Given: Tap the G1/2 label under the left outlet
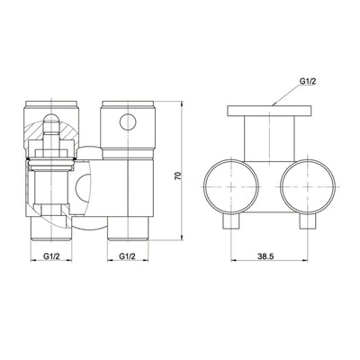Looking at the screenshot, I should pos(52,256).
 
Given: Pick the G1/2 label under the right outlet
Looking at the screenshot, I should pos(128,256).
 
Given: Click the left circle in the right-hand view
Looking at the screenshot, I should pos(231,188).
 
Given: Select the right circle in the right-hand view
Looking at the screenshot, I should pos(310,188).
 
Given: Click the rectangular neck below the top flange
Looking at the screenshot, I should pos(270,139).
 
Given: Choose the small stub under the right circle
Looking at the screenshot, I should pos(309,222).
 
